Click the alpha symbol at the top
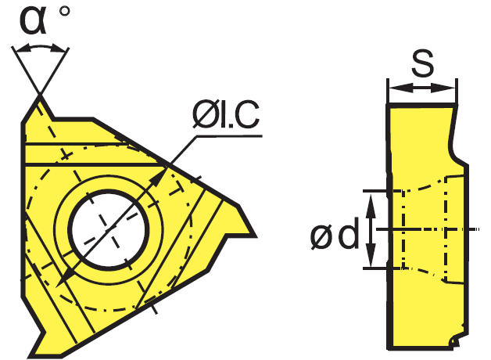pyautogui.click(x=33, y=20)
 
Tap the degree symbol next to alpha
pyautogui.click(x=64, y=12)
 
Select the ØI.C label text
pyautogui.click(x=226, y=115)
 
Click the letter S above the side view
pyautogui.click(x=422, y=63)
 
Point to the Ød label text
pyautogui.click(x=335, y=233)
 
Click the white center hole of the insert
pyautogui.click(x=109, y=230)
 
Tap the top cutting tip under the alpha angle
pyautogui.click(x=40, y=97)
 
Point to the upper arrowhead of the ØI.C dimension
pyautogui.click(x=159, y=176)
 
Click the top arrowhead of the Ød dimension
pyautogui.click(x=371, y=206)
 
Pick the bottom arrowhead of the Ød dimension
pyautogui.click(x=371, y=254)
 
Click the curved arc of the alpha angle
pyautogui.click(x=40, y=47)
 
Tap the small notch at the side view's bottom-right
pyautogui.click(x=455, y=340)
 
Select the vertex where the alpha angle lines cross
pyautogui.click(x=40, y=93)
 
